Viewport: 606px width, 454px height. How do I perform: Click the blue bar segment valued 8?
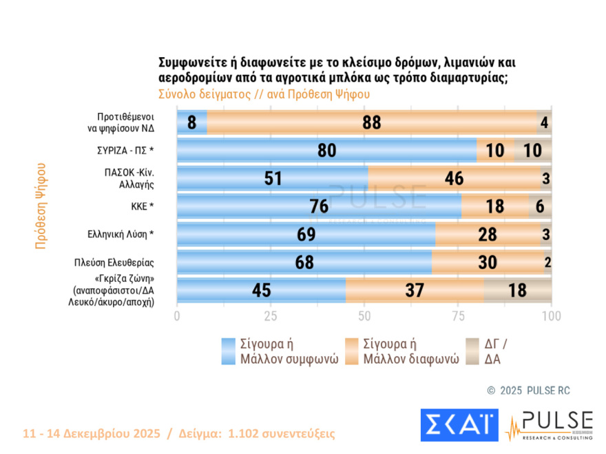[x=192, y=122]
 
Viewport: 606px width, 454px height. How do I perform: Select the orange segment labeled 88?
[x=371, y=122]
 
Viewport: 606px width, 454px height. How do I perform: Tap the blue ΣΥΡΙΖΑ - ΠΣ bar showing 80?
[x=326, y=151]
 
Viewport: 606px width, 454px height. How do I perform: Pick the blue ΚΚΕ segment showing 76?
[x=319, y=206]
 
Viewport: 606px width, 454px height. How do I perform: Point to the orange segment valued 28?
[x=488, y=235]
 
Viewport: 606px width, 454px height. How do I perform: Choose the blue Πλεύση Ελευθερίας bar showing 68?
[x=304, y=263]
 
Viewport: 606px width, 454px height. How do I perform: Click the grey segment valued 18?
[x=518, y=290]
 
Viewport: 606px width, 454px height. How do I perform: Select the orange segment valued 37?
[x=415, y=290]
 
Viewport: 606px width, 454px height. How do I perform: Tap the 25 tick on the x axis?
[x=271, y=316]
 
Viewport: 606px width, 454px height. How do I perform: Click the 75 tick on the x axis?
[x=458, y=316]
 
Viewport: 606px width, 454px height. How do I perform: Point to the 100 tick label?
[x=551, y=316]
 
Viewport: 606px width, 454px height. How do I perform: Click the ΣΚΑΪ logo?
[x=459, y=425]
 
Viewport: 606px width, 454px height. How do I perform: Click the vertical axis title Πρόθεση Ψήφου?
[x=41, y=206]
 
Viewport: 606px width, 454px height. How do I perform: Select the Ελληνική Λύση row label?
[x=114, y=235]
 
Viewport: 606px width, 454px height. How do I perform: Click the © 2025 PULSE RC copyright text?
[x=528, y=391]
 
